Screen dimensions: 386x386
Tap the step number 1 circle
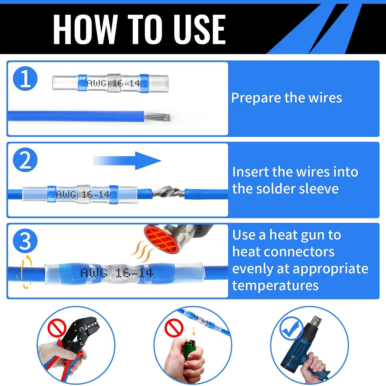(25, 78)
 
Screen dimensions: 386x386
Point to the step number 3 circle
(25, 241)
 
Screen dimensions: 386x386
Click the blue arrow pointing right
(127, 161)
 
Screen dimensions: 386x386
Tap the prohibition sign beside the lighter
(174, 328)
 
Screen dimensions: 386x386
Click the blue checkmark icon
(291, 329)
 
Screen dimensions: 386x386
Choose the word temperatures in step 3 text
(275, 286)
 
